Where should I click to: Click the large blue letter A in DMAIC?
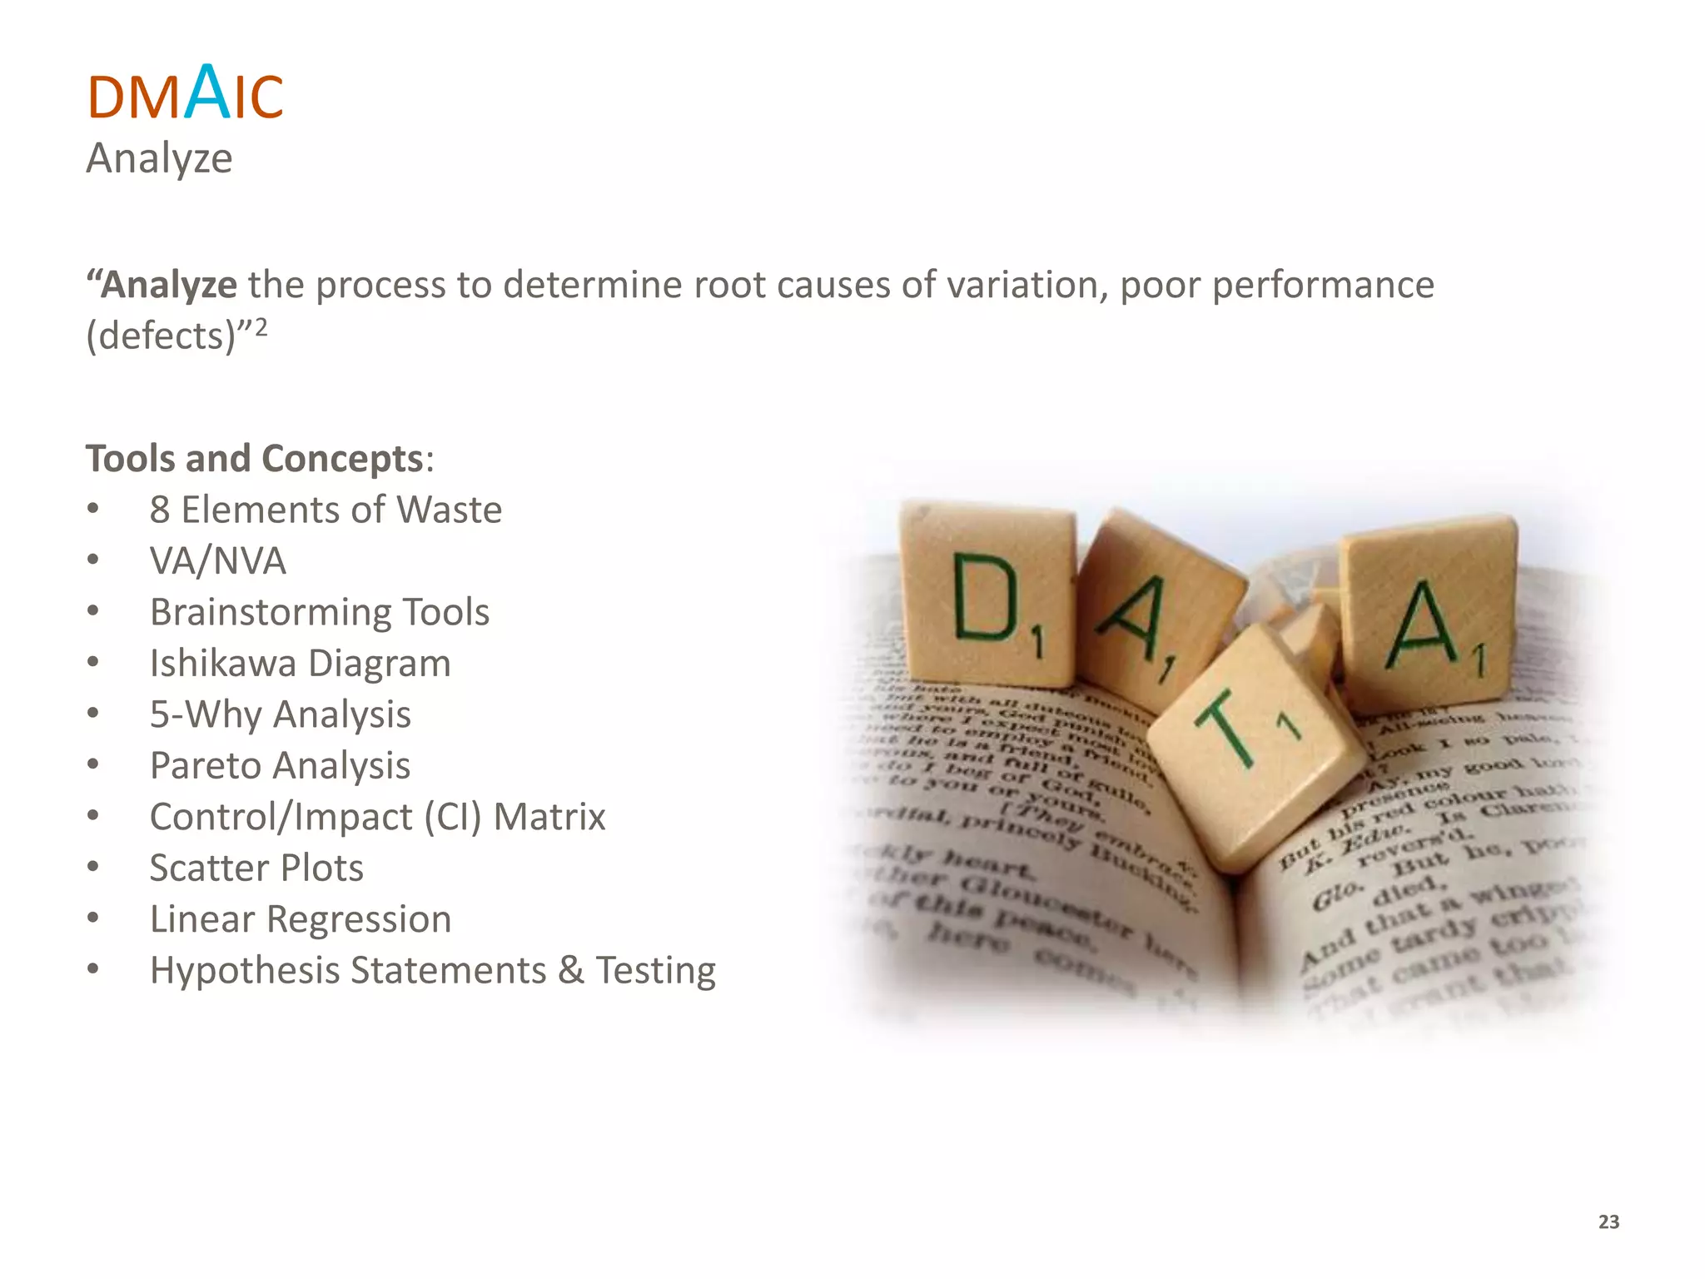tap(207, 92)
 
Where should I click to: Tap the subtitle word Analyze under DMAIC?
tap(159, 158)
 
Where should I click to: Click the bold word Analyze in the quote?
tap(169, 285)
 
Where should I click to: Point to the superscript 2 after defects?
tap(261, 326)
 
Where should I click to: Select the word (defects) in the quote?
tap(162, 336)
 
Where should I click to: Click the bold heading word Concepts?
tap(342, 459)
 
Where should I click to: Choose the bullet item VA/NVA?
tap(217, 560)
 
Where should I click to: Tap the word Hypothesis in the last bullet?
tap(243, 971)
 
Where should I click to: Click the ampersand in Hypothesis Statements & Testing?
tap(571, 971)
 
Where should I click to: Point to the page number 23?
tap(1608, 1222)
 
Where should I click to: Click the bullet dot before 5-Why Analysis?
tap(93, 714)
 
